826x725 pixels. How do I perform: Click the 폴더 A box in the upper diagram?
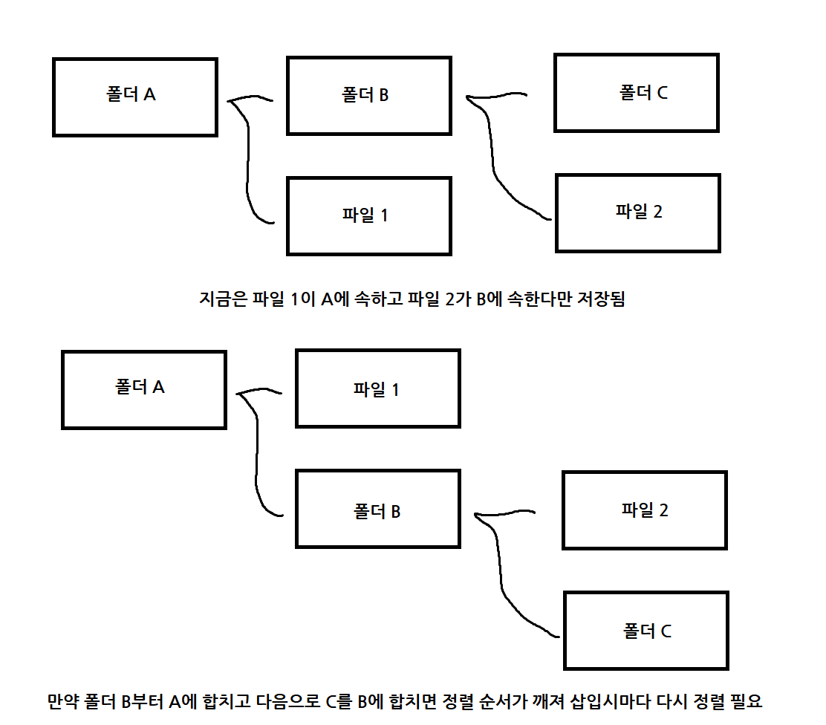point(134,97)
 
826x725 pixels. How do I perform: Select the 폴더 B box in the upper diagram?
point(369,96)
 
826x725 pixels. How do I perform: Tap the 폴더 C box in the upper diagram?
point(637,93)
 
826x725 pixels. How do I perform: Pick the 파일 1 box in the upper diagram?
point(369,216)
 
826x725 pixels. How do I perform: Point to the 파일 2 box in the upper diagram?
point(637,212)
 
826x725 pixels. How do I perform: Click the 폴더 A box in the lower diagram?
point(143,389)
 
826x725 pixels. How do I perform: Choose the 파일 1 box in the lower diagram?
point(377,388)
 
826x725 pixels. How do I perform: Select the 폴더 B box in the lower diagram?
point(377,510)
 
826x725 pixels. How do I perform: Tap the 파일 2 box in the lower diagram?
point(645,510)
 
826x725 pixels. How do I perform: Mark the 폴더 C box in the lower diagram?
point(645,631)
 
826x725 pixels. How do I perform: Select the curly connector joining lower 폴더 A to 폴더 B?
point(257,453)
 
